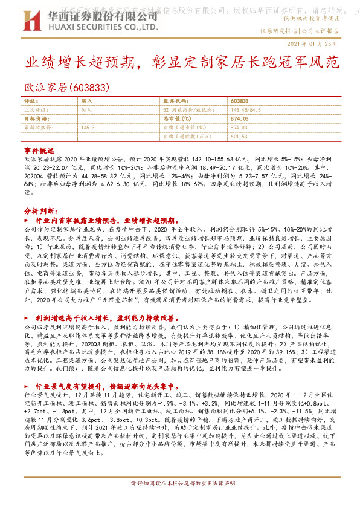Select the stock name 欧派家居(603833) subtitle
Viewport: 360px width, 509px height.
point(66,88)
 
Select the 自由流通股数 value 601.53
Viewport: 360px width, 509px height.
point(239,137)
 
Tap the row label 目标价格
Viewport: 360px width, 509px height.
point(37,119)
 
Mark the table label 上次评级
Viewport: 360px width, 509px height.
point(37,110)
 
